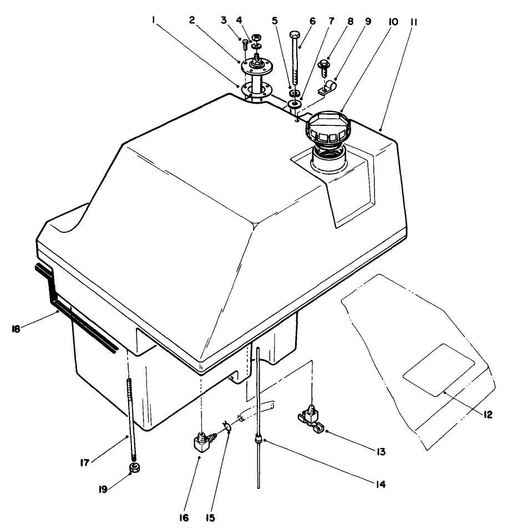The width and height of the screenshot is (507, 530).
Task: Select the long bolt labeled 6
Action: tap(295, 55)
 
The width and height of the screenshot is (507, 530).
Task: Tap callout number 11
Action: tap(414, 24)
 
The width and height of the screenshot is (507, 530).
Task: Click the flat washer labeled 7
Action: tap(295, 104)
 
